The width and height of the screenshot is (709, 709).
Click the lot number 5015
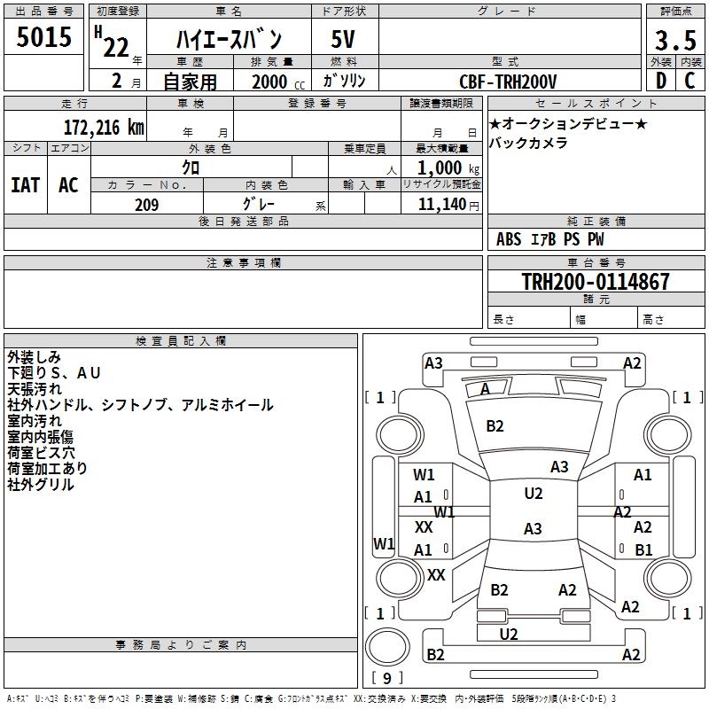click(44, 38)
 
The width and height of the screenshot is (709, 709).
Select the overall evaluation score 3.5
click(675, 41)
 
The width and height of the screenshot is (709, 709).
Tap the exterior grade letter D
click(660, 81)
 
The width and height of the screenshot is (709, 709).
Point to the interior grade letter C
click(690, 81)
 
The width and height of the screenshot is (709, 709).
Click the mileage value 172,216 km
click(104, 127)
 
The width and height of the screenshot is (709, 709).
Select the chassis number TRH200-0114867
click(595, 282)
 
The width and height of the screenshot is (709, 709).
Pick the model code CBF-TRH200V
click(508, 82)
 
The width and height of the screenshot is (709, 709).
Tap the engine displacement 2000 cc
click(270, 82)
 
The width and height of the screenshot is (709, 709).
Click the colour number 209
click(146, 205)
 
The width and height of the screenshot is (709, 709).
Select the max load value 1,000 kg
click(443, 168)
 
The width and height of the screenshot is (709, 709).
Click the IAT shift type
click(25, 184)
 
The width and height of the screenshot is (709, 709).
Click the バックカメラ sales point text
click(529, 143)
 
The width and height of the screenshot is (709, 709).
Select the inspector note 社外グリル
click(41, 485)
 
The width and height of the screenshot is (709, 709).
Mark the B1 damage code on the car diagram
click(643, 549)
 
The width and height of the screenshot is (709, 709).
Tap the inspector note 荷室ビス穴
click(41, 453)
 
